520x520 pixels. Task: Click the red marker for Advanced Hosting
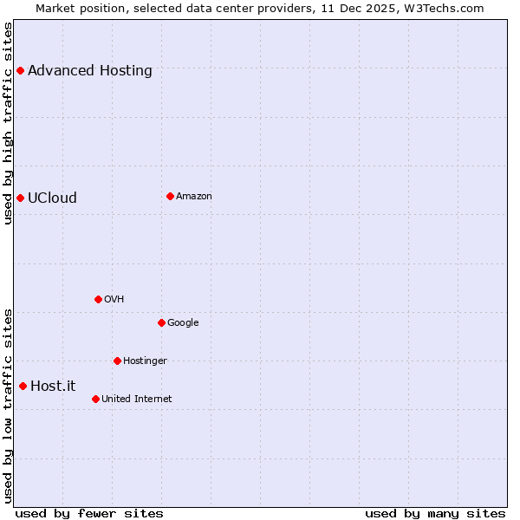(x=20, y=70)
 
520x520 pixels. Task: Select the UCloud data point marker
(x=20, y=198)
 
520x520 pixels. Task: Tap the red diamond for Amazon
(x=170, y=196)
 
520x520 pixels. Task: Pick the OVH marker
(x=98, y=299)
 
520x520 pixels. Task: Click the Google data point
(x=161, y=322)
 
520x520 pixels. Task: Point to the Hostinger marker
(x=117, y=361)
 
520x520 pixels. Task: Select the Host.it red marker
(x=23, y=386)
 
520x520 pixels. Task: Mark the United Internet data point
(x=95, y=399)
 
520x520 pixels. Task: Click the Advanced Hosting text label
(x=90, y=71)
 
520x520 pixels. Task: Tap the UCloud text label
(x=52, y=198)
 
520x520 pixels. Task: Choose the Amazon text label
(x=194, y=197)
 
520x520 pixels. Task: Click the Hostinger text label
(x=145, y=361)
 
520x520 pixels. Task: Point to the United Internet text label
(x=136, y=400)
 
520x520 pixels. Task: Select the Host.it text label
(x=53, y=387)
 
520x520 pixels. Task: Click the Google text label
(x=183, y=323)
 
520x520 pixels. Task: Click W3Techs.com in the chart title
(x=442, y=8)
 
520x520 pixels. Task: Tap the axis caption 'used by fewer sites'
(x=89, y=513)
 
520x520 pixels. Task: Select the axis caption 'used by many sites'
(x=435, y=513)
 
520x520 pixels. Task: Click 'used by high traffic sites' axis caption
(x=9, y=123)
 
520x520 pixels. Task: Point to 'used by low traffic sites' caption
(x=9, y=406)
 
